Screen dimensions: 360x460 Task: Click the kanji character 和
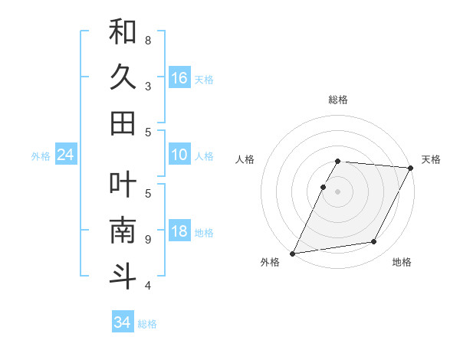123,32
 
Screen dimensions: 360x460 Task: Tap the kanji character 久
123,77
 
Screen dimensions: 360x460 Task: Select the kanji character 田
123,123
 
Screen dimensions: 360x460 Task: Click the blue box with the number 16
179,78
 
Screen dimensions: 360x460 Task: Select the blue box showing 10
179,155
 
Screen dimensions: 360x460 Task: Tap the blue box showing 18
179,232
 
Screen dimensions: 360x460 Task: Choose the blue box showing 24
65,155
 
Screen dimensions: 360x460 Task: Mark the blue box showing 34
122,322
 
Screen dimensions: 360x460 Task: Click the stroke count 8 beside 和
147,40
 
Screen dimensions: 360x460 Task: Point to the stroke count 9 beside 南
147,239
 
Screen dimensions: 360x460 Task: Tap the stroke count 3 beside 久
147,86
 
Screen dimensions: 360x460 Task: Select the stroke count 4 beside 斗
147,286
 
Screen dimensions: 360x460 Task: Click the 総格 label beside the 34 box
147,324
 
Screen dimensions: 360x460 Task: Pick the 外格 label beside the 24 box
41,156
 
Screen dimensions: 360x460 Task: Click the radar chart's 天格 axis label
431,159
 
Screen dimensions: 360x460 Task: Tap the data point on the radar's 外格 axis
292,254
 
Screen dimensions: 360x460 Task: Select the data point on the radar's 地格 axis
374,242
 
